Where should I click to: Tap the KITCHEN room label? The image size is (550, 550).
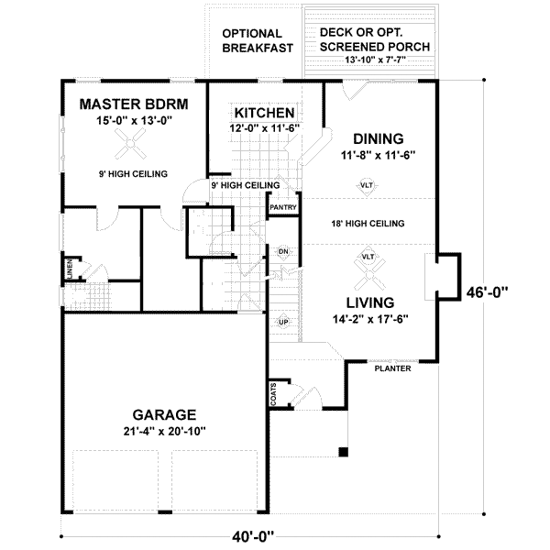[x=262, y=112]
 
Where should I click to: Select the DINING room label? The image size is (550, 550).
[x=377, y=138]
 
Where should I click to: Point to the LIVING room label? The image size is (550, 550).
[x=369, y=302]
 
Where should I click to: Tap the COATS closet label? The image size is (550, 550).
[x=274, y=394]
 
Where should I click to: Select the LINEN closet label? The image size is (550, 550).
[x=69, y=270]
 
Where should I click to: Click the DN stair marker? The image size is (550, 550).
[x=284, y=250]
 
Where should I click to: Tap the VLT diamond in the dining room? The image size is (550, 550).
[x=366, y=187]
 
